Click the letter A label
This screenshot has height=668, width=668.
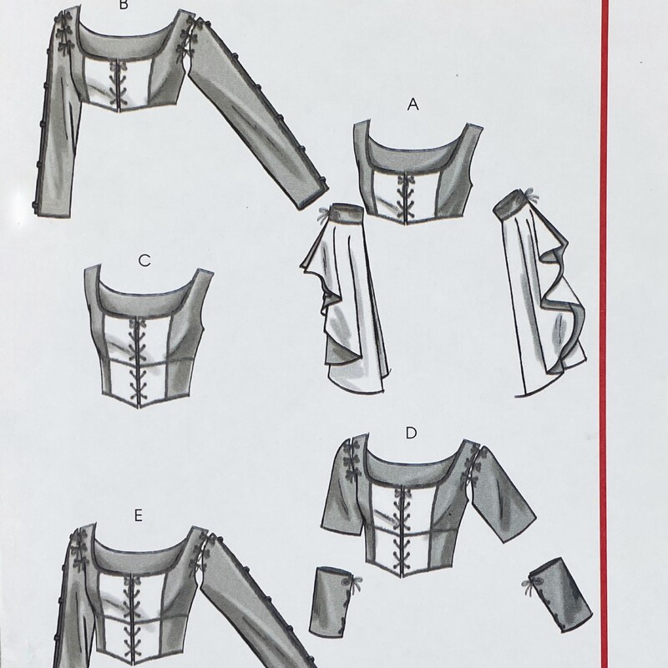[412, 104]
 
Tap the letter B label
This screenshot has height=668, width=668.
[123, 5]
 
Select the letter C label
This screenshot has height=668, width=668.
[144, 261]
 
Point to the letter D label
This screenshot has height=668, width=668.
[411, 433]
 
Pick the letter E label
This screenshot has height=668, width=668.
[138, 516]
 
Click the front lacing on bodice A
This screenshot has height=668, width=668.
[403, 195]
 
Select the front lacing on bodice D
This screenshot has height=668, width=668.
[402, 530]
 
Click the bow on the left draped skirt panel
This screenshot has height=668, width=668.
[323, 215]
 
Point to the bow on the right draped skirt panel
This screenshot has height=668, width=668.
[530, 197]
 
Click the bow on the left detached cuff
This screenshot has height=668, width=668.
[354, 583]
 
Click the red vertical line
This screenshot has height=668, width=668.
[604, 334]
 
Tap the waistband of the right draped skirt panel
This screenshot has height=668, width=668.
[510, 203]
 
